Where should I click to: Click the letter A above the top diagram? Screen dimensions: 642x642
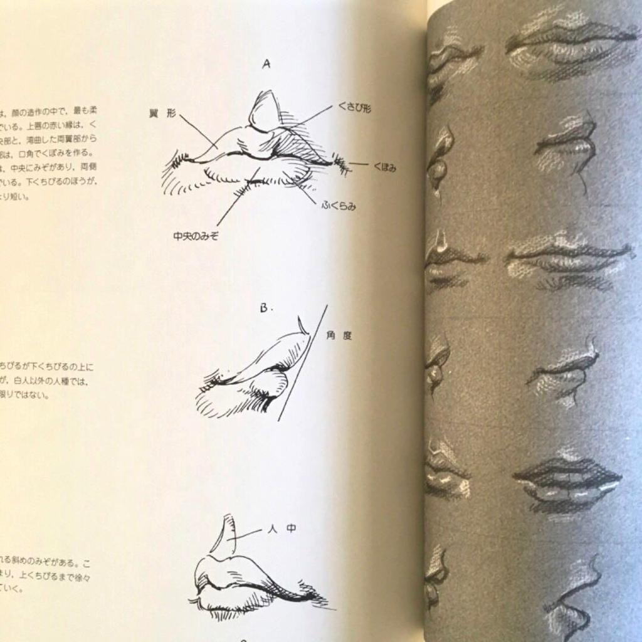(266, 64)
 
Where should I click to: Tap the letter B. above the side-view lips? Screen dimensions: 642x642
(265, 308)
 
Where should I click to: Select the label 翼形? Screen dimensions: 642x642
(162, 113)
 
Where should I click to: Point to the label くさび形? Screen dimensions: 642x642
(354, 108)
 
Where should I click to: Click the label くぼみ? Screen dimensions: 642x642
(384, 167)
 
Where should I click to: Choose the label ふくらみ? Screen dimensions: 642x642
(339, 206)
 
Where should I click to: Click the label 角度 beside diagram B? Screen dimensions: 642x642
(339, 335)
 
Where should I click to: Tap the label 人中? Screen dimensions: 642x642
(282, 529)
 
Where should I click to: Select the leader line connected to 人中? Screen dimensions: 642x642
(247, 534)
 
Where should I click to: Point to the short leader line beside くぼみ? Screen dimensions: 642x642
(359, 164)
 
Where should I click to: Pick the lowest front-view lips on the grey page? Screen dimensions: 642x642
(567, 480)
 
